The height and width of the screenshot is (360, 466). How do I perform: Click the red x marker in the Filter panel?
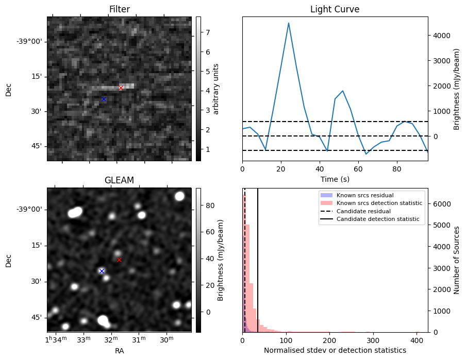pyautogui.click(x=121, y=88)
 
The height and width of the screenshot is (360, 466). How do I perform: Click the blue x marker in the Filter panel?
pyautogui.click(x=104, y=99)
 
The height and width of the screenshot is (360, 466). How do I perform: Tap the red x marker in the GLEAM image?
pyautogui.click(x=119, y=260)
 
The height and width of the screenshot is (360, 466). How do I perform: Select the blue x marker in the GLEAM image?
pyautogui.click(x=102, y=271)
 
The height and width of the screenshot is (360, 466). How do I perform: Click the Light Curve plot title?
pyautogui.click(x=335, y=10)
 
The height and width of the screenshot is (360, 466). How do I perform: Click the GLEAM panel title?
pyautogui.click(x=119, y=180)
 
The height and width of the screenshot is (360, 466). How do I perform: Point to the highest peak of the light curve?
pyautogui.click(x=289, y=23)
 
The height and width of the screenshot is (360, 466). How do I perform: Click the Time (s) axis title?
pyautogui.click(x=335, y=179)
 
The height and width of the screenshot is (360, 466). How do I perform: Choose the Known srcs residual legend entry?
pyautogui.click(x=364, y=195)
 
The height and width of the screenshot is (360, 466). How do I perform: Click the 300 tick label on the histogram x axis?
pyautogui.click(x=373, y=340)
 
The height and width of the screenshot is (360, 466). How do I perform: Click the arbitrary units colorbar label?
pyautogui.click(x=217, y=89)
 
